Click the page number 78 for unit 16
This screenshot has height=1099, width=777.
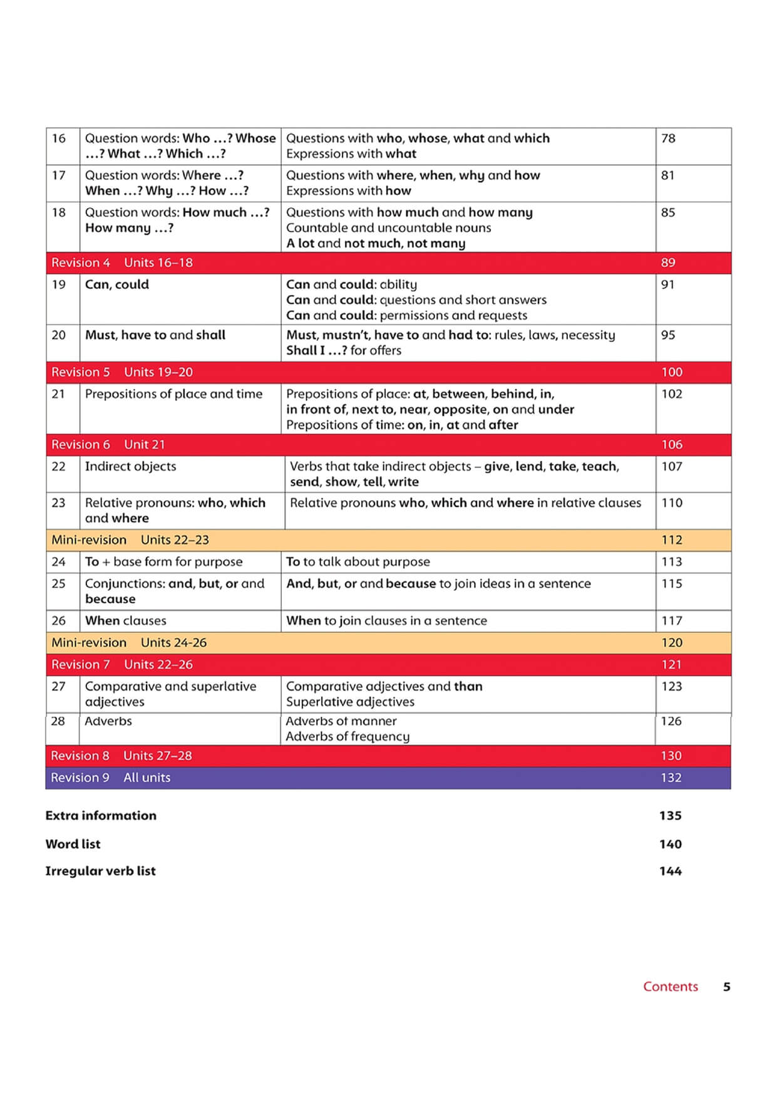coord(668,138)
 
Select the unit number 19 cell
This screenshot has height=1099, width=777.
coord(59,284)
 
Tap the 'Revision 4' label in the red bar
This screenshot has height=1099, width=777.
coord(81,263)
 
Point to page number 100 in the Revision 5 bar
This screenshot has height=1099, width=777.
coord(672,372)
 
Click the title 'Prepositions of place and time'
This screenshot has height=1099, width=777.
coord(173,394)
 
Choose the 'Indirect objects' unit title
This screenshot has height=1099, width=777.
coord(130,466)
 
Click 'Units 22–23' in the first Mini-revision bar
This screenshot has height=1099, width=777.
coord(175,540)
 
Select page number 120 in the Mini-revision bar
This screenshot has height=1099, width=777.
coord(672,643)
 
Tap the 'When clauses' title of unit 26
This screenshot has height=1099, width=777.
coord(126,621)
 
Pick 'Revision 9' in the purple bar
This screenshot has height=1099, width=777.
coord(80,778)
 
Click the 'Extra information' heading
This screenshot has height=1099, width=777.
coord(101,816)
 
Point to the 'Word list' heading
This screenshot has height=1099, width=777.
coord(73,844)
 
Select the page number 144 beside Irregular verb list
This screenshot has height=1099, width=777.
coord(670,871)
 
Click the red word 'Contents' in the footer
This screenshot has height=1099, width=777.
coord(670,987)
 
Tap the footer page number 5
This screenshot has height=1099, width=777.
coord(726,987)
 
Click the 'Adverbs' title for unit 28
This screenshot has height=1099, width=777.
coord(108,721)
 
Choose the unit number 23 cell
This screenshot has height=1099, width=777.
coord(59,503)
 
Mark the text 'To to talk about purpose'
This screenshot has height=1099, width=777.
coord(358,562)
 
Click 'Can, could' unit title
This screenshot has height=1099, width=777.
coord(117,284)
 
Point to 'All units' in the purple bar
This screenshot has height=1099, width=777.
coord(147,778)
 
